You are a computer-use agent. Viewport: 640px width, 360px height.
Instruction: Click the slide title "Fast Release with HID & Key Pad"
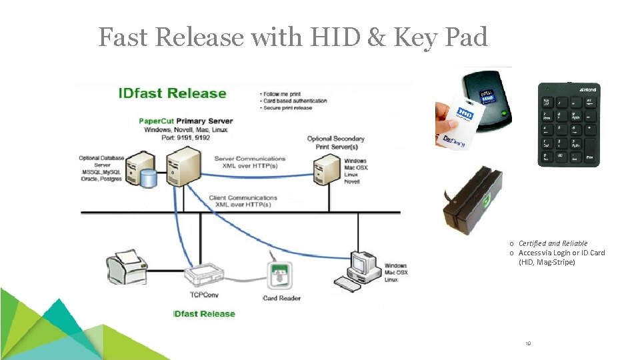click(293, 37)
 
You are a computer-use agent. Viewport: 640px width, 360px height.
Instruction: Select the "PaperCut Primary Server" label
click(185, 121)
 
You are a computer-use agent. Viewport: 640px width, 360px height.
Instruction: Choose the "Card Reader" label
click(282, 298)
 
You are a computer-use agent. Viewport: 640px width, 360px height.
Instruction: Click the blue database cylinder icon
click(149, 177)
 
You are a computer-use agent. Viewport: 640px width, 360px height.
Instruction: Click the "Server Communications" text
click(250, 159)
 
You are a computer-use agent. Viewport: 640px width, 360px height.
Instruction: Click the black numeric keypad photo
click(569, 125)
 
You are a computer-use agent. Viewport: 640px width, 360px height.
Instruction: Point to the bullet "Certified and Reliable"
click(553, 243)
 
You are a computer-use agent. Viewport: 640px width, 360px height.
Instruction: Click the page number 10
click(527, 344)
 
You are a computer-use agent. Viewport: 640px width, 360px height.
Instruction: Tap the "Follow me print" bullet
click(283, 93)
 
